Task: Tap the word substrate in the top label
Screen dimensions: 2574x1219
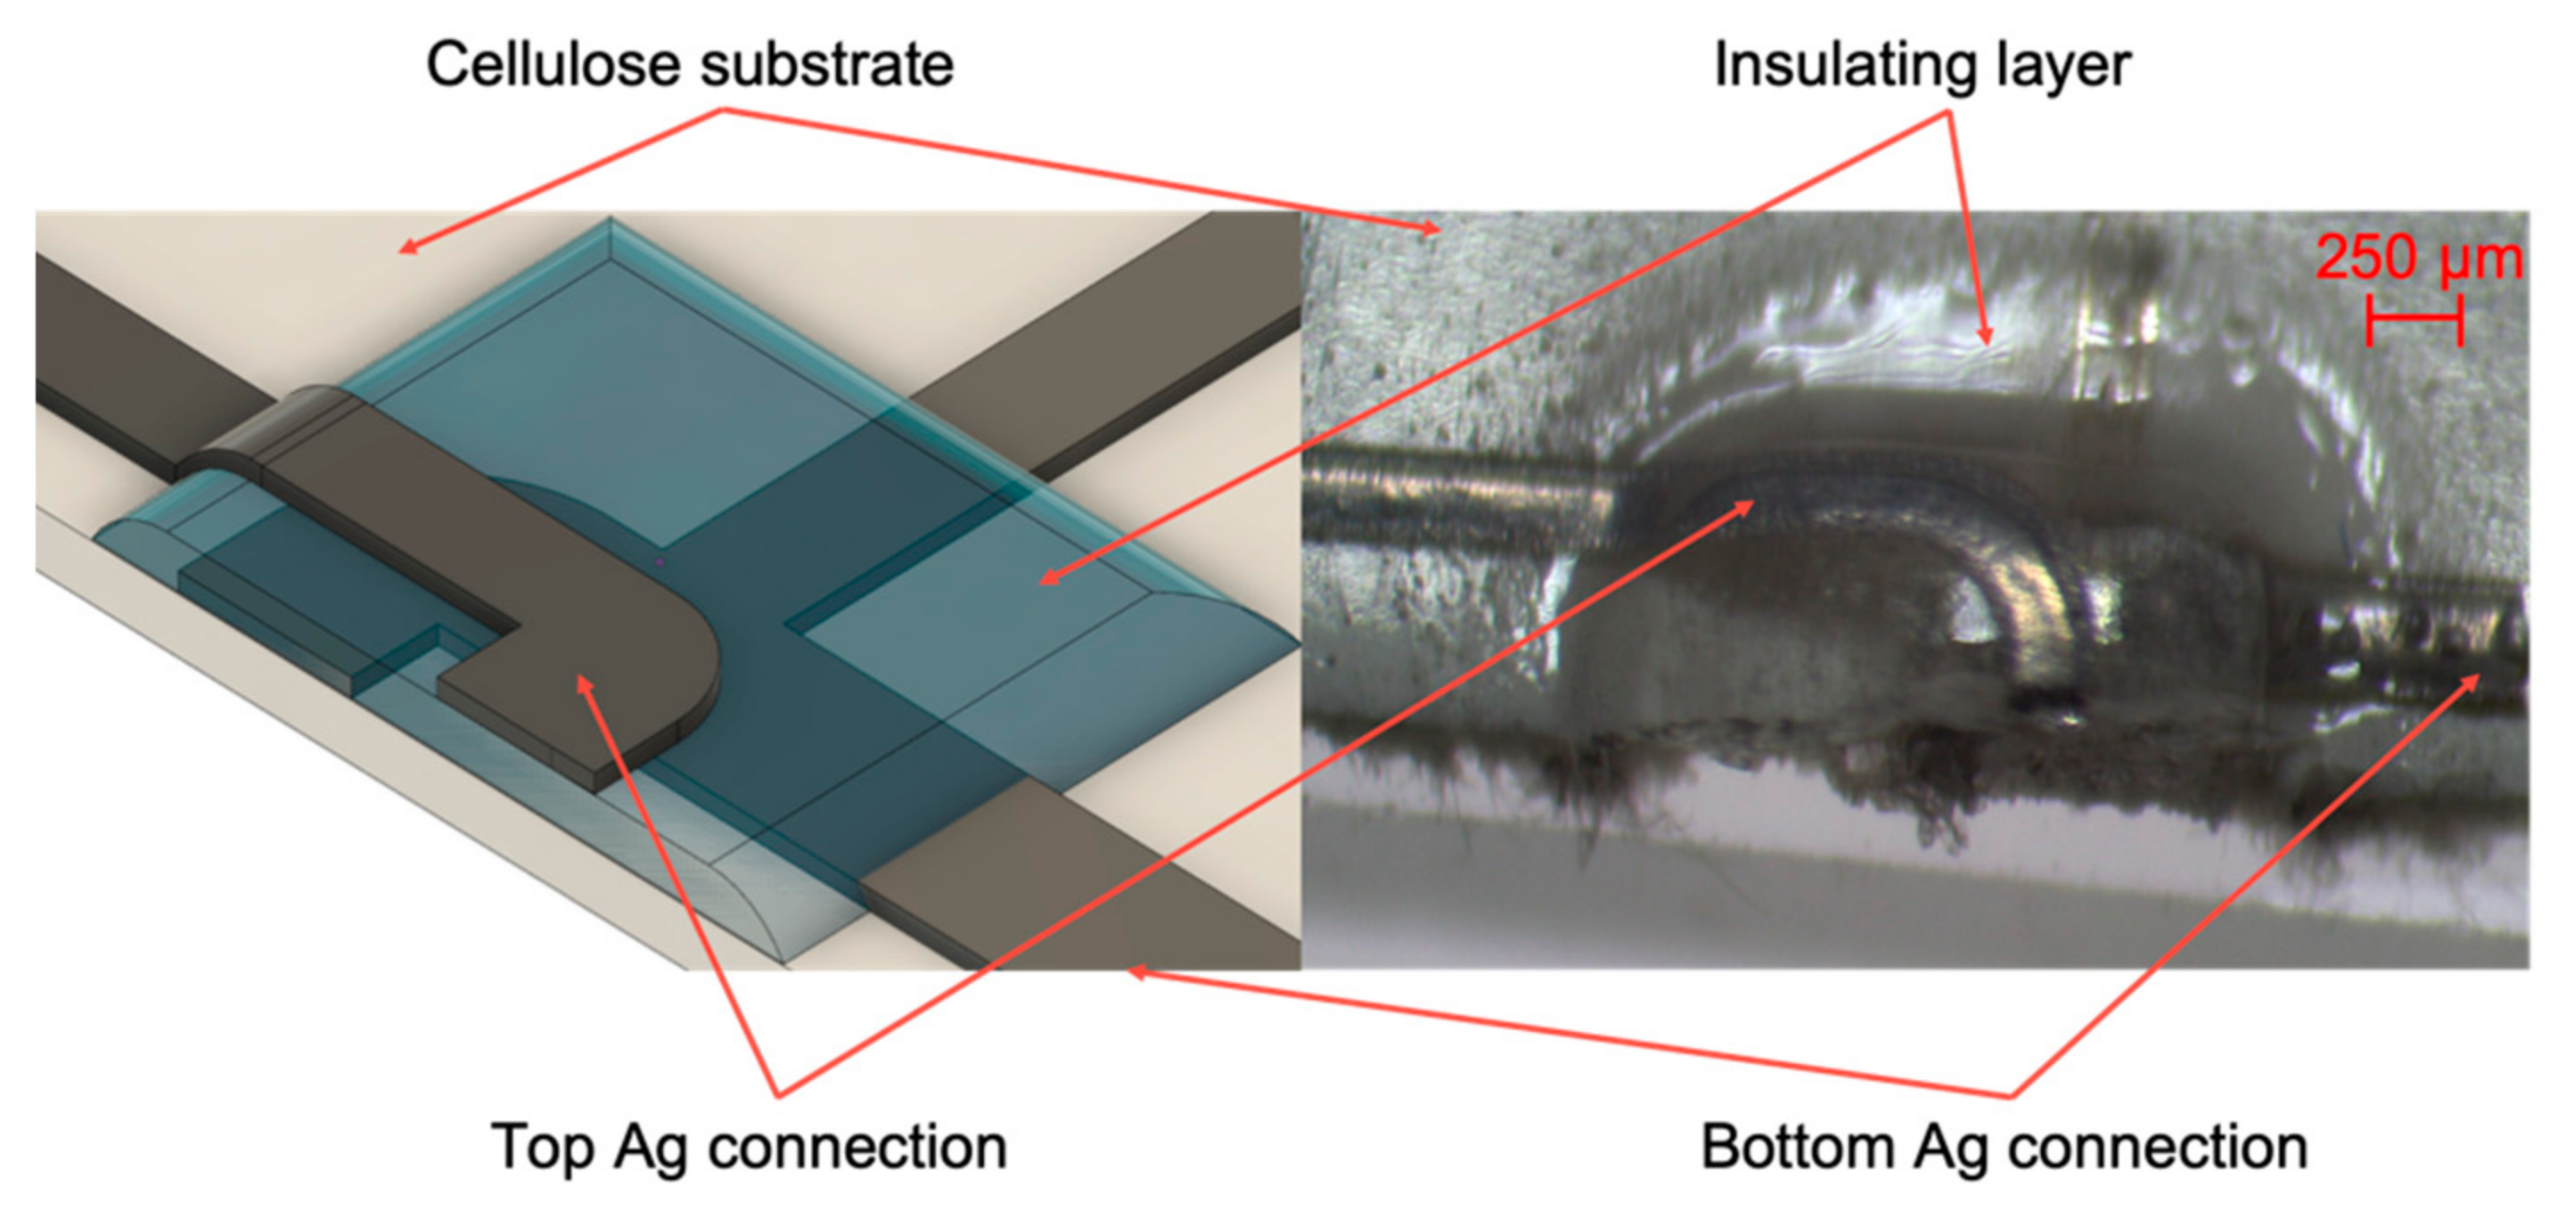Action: [827, 66]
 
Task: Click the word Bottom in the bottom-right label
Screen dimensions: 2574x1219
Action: [1797, 1146]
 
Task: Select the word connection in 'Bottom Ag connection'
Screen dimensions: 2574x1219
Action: [2159, 1147]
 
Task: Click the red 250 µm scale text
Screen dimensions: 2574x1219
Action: [2419, 258]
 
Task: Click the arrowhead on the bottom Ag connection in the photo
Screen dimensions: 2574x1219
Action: [2473, 682]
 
